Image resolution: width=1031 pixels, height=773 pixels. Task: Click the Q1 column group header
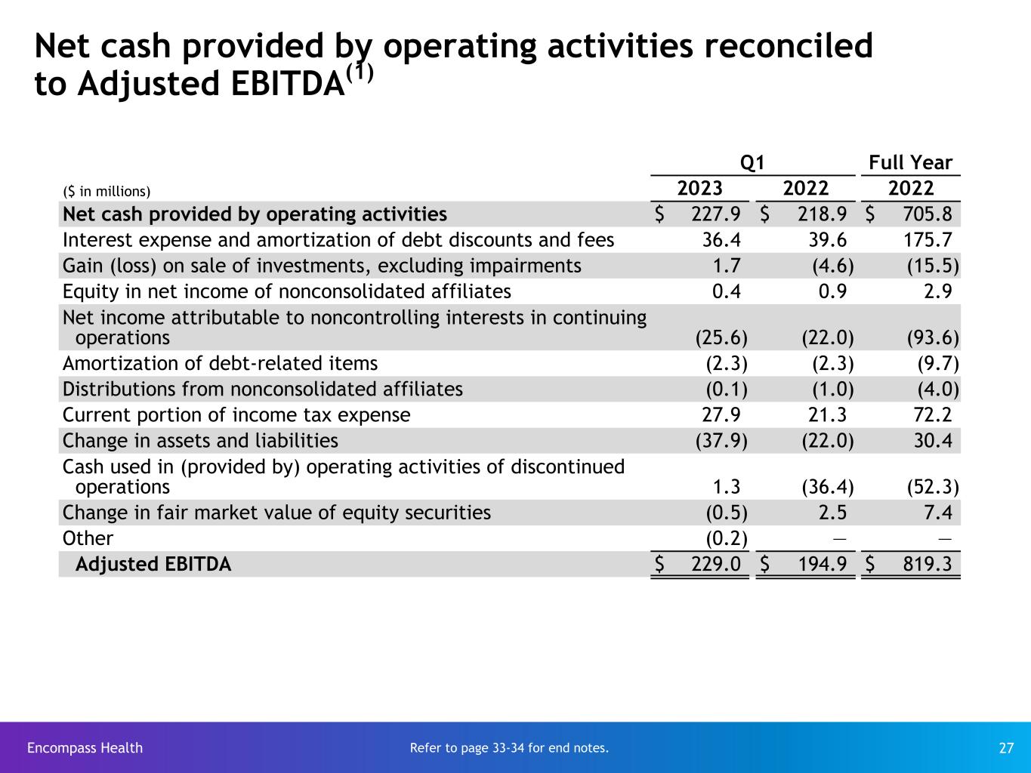pyautogui.click(x=752, y=162)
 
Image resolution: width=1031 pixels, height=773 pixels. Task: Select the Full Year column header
pyautogui.click(x=910, y=162)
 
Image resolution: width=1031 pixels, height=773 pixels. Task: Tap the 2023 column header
pyautogui.click(x=699, y=188)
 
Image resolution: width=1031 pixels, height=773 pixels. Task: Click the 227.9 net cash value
pyautogui.click(x=716, y=214)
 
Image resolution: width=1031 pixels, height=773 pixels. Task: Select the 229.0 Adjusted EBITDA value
pyautogui.click(x=716, y=564)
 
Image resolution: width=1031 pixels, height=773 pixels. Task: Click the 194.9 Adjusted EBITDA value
pyautogui.click(x=822, y=564)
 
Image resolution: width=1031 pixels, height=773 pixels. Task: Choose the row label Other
pyautogui.click(x=88, y=538)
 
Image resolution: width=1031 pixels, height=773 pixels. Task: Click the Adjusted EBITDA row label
pyautogui.click(x=153, y=564)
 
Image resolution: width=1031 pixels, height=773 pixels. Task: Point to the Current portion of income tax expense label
pyautogui.click(x=236, y=415)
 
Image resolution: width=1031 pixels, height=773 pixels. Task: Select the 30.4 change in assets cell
pyautogui.click(x=933, y=441)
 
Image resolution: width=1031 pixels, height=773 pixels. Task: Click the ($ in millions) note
pyautogui.click(x=106, y=191)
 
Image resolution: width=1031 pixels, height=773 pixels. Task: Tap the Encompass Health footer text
pyautogui.click(x=85, y=748)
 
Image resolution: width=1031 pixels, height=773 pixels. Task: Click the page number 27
pyautogui.click(x=1006, y=748)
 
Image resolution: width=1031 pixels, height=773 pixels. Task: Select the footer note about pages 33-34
pyautogui.click(x=509, y=748)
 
